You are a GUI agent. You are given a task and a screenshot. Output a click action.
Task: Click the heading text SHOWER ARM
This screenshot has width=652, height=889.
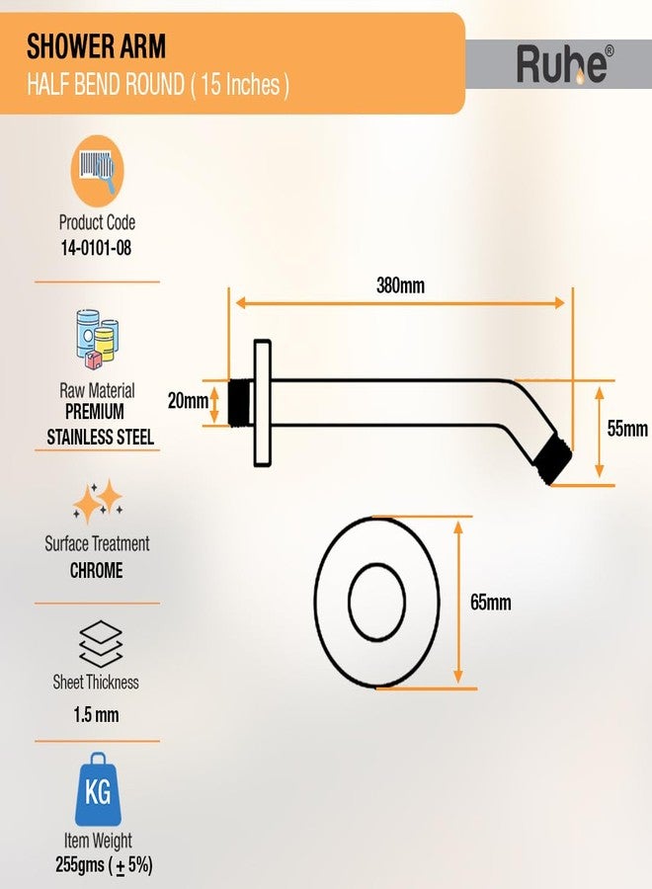[97, 46]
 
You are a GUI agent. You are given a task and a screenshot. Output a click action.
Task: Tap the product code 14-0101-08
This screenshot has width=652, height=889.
[97, 248]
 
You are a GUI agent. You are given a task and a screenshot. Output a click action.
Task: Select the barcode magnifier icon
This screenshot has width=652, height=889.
[97, 170]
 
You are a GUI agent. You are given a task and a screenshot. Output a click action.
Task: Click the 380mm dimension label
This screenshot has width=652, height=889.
[400, 285]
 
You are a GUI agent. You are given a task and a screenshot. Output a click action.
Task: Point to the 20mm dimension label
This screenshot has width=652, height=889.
[188, 401]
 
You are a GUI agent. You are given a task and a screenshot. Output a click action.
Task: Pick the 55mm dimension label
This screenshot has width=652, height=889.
[627, 429]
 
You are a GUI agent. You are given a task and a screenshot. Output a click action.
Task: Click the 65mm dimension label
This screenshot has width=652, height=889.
[490, 603]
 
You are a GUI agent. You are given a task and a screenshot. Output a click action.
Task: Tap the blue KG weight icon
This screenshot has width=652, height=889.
[98, 789]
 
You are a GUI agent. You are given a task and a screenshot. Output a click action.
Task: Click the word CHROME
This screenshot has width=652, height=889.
[97, 570]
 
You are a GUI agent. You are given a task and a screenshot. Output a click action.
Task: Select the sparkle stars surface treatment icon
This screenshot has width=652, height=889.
[98, 502]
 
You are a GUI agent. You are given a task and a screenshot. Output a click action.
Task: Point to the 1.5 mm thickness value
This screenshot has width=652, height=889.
[96, 714]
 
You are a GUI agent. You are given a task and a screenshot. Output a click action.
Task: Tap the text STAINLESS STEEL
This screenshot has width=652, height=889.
[101, 438]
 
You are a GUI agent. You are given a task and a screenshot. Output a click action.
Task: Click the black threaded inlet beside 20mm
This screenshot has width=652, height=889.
[240, 402]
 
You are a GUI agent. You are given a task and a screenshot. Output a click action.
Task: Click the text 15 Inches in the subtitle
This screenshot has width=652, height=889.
[240, 85]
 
